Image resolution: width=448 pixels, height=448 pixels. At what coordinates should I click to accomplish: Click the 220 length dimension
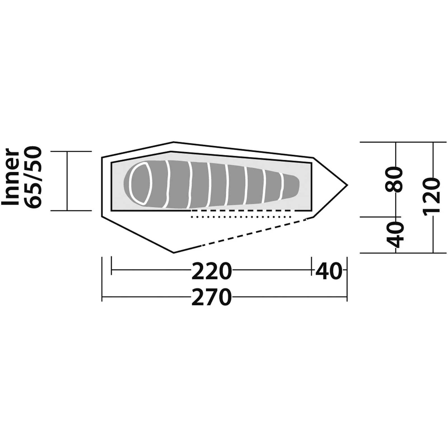212,271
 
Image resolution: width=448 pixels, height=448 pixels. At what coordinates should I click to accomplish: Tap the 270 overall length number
212,297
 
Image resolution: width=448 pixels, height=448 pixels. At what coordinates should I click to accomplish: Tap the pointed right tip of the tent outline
347,185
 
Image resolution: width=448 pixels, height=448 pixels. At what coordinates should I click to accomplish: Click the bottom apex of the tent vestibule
174,253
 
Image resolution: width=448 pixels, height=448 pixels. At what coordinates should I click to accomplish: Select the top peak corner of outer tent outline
173,142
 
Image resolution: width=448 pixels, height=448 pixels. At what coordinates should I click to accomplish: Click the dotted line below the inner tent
241,217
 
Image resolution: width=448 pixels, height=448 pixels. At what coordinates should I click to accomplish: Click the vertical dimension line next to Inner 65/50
67,181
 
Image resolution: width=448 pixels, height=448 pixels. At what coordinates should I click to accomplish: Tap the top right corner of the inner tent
311,162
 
